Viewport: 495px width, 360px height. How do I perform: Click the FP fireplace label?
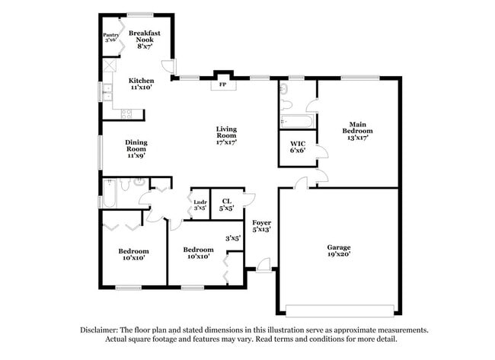[x=222, y=84]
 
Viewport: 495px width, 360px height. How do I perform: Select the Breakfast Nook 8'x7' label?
[x=144, y=39]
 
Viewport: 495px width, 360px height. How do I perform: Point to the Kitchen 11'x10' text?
[x=141, y=84]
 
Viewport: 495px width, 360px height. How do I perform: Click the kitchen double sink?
[x=107, y=92]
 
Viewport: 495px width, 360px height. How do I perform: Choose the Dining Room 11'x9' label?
[x=136, y=148]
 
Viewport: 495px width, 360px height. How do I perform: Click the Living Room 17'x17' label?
[x=226, y=135]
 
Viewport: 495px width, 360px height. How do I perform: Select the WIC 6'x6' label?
[x=298, y=147]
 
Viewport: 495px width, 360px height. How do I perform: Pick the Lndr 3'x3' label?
[x=200, y=205]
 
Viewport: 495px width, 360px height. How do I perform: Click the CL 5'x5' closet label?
[x=226, y=205]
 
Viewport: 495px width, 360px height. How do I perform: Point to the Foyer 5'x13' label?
[x=261, y=225]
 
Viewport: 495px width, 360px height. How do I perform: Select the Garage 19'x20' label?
[x=339, y=251]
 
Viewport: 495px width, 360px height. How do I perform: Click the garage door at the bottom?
[x=338, y=310]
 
